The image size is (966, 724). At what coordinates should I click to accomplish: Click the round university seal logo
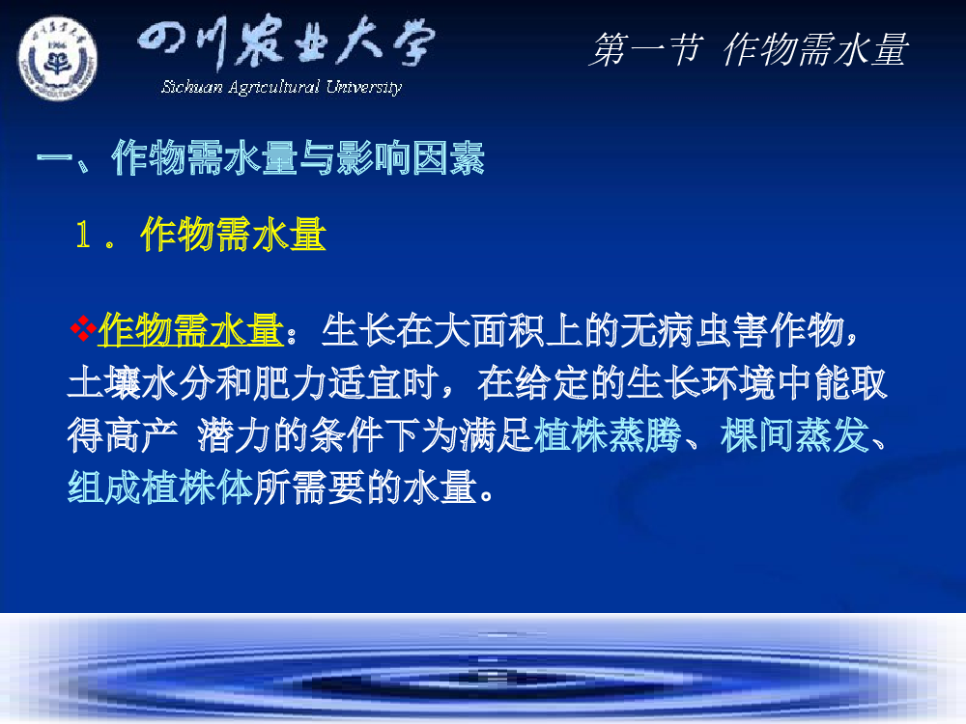[x=57, y=59]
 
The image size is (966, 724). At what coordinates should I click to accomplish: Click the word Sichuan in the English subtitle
[x=191, y=87]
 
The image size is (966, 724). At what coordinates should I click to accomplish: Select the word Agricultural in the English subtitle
[x=273, y=88]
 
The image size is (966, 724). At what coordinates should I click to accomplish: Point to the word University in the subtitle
[x=364, y=88]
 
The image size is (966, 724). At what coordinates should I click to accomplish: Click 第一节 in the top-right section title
[x=645, y=49]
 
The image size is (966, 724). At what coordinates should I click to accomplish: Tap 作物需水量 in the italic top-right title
[x=815, y=49]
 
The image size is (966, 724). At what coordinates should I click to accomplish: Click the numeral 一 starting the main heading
[x=54, y=157]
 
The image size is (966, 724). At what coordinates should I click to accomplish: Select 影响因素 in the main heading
[x=411, y=157]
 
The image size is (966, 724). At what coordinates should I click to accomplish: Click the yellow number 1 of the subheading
[x=83, y=235]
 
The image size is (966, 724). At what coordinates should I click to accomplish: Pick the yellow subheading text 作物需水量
[x=233, y=235]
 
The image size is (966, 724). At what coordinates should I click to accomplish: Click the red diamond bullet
[x=83, y=328]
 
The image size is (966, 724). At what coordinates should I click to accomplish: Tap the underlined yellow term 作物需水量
[x=190, y=329]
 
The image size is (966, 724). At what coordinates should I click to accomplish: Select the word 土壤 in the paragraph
[x=104, y=382]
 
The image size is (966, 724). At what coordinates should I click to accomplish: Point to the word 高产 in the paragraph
[x=142, y=435]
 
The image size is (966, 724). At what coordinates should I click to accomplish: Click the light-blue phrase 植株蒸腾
[x=608, y=435]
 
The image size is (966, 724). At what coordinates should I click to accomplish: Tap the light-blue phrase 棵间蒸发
[x=795, y=435]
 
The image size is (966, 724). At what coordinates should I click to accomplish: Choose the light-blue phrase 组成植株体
[x=160, y=487]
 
